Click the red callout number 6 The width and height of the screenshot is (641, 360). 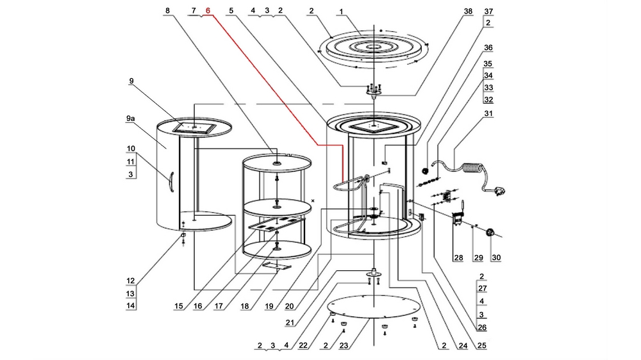tap(208, 11)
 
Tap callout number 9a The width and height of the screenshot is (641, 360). tap(130, 119)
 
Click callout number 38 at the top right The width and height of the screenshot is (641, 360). tap(468, 11)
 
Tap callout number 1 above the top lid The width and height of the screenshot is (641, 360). tap(342, 11)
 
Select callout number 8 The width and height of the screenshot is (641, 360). tap(168, 11)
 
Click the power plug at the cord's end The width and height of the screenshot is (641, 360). tap(499, 190)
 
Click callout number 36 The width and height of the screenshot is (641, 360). tap(488, 48)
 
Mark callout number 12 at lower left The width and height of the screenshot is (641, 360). tap(131, 281)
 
